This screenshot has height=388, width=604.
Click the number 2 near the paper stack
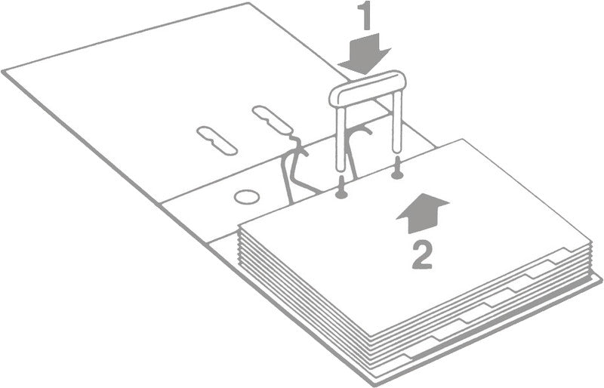[x=422, y=254]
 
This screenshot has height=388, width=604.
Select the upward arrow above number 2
[x=423, y=213]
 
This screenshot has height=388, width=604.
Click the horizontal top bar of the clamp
[x=368, y=88]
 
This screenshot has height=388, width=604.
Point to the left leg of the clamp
[x=341, y=139]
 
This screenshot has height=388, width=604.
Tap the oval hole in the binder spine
[x=247, y=197]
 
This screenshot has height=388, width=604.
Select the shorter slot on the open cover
[x=217, y=140]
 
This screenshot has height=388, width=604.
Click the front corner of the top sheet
[x=370, y=336]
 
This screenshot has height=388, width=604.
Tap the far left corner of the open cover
[x=3, y=71]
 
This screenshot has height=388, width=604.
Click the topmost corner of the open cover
[x=248, y=3]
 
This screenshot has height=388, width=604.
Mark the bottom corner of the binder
[x=373, y=384]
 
